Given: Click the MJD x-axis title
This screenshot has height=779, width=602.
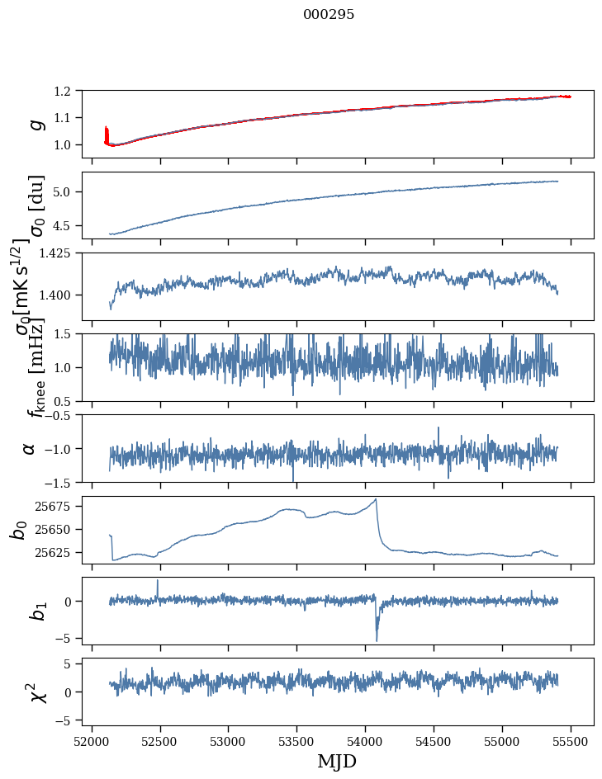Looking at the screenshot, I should tap(337, 761).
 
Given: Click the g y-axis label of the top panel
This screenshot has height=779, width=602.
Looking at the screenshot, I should tap(36, 124).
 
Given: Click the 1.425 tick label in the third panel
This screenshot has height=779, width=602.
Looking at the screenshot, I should tap(63, 253).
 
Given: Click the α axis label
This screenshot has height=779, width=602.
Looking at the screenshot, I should tap(30, 448).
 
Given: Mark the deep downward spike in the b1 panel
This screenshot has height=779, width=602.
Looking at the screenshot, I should tap(377, 639).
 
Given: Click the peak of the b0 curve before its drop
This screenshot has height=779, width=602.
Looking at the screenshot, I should tap(376, 499).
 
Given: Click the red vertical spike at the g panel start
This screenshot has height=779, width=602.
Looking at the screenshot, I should tap(107, 134).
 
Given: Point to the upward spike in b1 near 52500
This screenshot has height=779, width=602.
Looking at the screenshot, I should tap(158, 581).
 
